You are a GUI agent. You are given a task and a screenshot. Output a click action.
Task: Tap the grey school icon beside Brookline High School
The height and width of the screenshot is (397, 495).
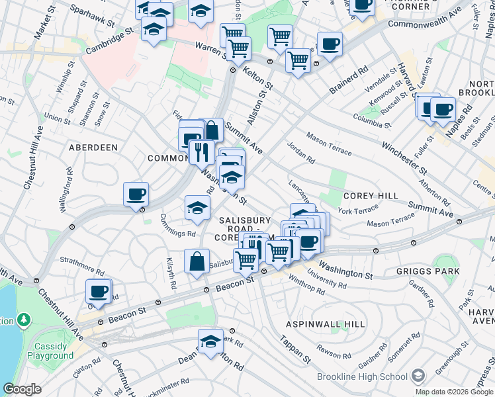pos(418,376)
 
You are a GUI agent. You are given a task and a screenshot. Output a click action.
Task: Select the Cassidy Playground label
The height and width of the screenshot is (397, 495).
pos(50,351)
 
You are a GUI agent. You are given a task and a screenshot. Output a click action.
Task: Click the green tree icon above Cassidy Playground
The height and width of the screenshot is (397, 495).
pos(24,321)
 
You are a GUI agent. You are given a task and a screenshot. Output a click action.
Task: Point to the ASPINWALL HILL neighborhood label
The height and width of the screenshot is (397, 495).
pos(325,324)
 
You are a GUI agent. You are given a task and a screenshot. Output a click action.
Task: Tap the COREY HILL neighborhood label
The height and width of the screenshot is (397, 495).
pos(371,196)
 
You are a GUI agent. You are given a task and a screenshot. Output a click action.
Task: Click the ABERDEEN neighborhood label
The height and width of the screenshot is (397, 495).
pos(93,148)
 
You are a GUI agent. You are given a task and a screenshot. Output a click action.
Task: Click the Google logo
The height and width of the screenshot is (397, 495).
pos(22,389)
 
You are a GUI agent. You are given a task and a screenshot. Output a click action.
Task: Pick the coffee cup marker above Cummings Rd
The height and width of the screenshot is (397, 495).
pos(136,195)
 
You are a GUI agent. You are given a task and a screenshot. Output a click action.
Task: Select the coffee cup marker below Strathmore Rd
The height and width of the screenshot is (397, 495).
pos(99,291)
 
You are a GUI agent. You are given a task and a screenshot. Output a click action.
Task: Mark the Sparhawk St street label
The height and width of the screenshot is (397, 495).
pos(92,18)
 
